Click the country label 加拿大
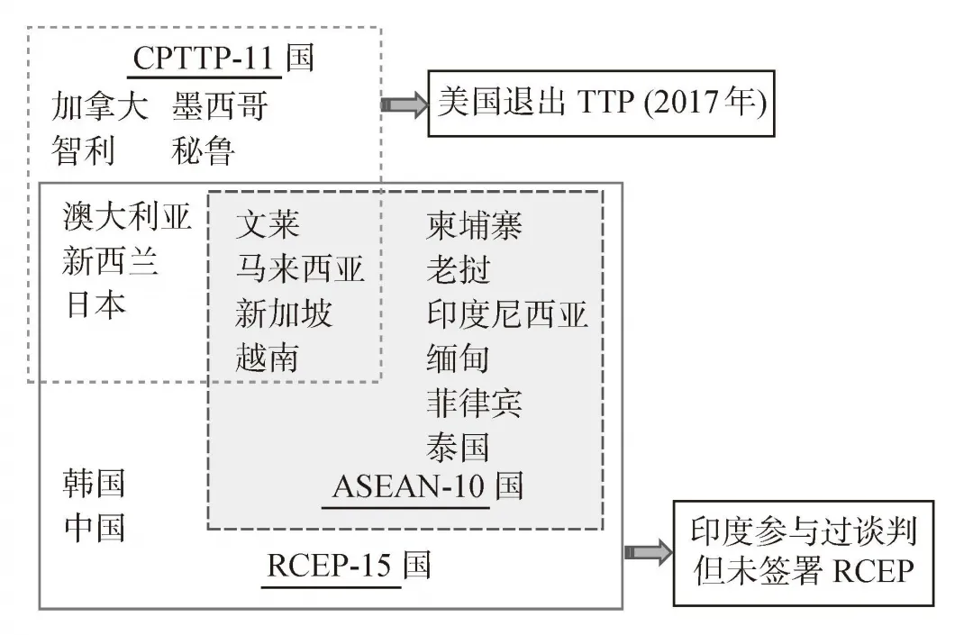100,107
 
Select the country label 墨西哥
220,107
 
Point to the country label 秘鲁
203,150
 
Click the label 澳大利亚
128,217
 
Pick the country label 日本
95,305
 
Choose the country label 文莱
267,224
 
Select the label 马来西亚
300,268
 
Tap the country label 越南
267,358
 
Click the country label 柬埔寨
474,225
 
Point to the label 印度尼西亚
506,314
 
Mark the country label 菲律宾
474,403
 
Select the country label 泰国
458,447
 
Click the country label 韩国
95,484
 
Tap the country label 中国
95,528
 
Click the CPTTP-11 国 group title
223,59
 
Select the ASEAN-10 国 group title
427,486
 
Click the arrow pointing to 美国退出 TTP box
403,104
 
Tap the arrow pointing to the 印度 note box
647,552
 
